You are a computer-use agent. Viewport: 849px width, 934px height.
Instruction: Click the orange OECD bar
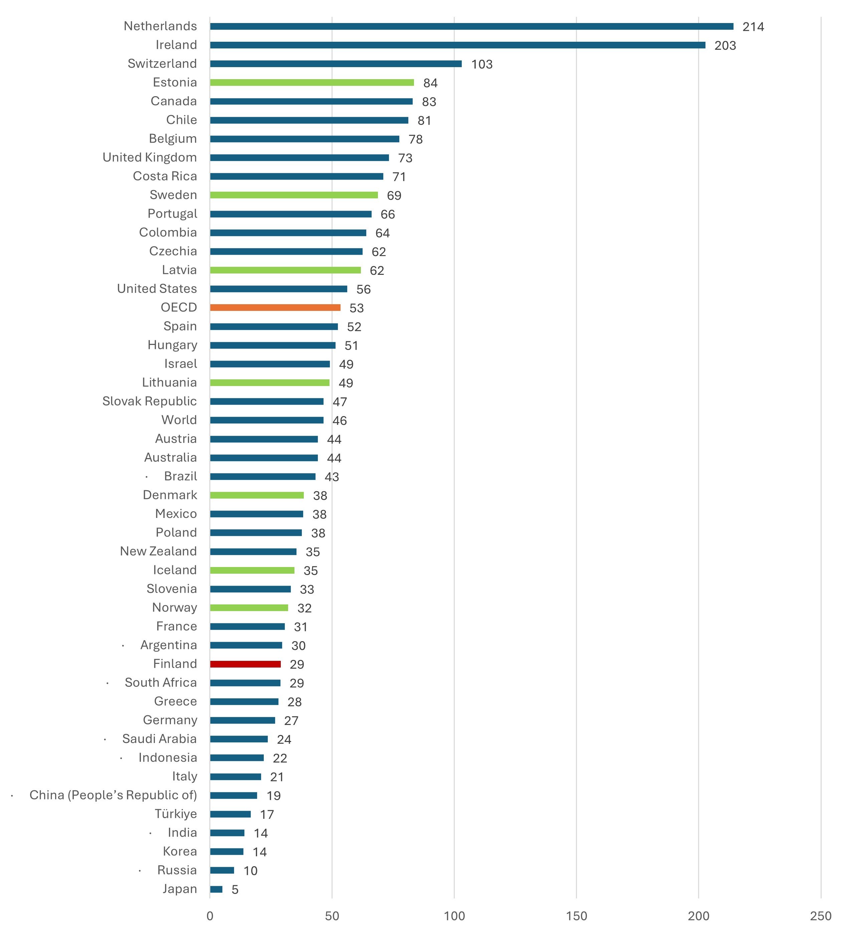pos(275,308)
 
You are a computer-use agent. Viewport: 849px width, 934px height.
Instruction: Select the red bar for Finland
pos(245,664)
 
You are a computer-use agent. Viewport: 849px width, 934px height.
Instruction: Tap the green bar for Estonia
pos(312,82)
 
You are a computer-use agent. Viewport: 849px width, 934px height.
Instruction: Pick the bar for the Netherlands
pos(471,26)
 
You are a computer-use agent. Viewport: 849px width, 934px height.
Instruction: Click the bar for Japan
pos(216,889)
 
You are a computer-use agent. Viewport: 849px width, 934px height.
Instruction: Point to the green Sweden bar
pos(294,195)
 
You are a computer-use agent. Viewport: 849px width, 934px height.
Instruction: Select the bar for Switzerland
pos(336,63)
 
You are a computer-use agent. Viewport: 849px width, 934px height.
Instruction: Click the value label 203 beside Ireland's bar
pos(725,45)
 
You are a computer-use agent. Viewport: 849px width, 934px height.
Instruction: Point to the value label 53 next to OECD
pos(356,308)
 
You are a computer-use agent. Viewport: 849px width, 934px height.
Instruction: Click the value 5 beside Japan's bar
pos(235,890)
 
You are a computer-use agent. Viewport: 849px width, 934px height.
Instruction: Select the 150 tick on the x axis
pos(576,916)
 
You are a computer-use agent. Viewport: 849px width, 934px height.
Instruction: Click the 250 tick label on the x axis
pos(820,916)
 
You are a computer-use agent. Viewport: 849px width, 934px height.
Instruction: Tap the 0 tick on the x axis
pos(210,916)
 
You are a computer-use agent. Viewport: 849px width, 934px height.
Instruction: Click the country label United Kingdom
pos(150,158)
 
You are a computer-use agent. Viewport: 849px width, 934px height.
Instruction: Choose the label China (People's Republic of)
pos(113,795)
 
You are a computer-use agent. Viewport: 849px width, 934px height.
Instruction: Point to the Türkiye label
pos(176,814)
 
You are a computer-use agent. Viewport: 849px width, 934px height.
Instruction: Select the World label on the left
pos(179,420)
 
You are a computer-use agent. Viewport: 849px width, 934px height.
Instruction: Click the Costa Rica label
pos(165,176)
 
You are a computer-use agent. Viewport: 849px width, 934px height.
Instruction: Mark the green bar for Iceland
pos(252,570)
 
